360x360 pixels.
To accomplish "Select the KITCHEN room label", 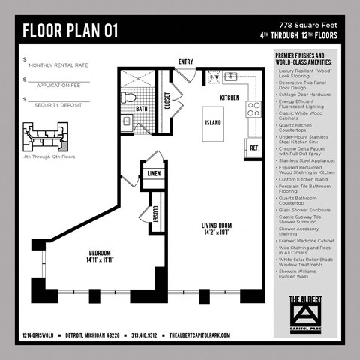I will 229,97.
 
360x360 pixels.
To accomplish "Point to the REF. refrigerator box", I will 254,148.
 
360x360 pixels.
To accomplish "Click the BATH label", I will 141,109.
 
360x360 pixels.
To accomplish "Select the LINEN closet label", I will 154,173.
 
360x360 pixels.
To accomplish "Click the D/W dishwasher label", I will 214,76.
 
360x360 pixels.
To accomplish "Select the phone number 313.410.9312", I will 146,336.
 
